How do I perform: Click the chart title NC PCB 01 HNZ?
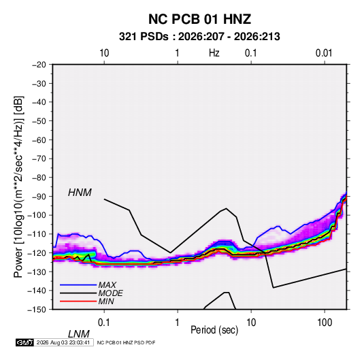[199, 19]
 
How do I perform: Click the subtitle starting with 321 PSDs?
[199, 37]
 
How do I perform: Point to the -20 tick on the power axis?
[39, 65]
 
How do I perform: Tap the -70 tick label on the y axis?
[39, 159]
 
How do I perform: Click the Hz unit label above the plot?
[214, 53]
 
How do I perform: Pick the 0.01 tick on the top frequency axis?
[324, 53]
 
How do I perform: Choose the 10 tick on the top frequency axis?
[104, 53]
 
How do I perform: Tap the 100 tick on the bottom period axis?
[325, 323]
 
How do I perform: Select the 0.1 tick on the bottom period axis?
[104, 323]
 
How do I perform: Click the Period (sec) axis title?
[214, 330]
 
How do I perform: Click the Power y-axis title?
[18, 186]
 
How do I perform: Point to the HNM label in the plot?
[80, 193]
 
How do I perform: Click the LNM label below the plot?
[79, 334]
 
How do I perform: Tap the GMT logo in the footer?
[24, 342]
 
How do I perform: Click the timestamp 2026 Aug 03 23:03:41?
[63, 342]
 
